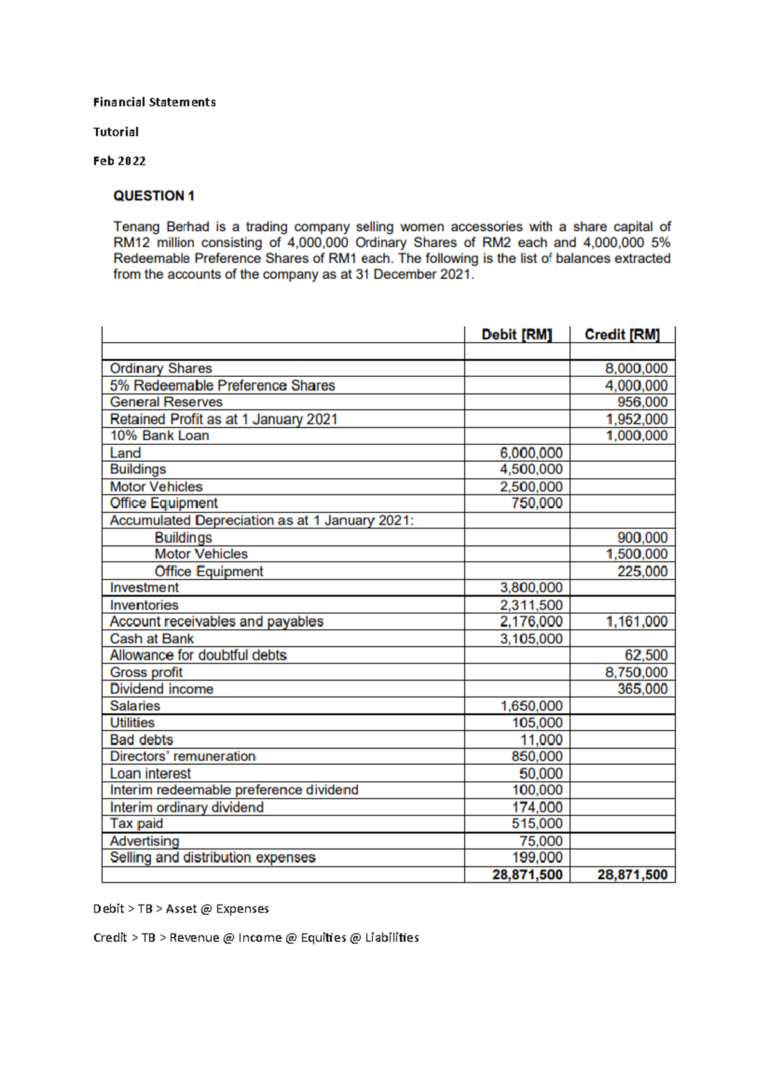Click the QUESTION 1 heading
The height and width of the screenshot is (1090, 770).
tap(153, 196)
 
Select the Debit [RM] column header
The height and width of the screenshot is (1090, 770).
tap(517, 334)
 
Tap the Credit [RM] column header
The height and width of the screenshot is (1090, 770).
tap(622, 334)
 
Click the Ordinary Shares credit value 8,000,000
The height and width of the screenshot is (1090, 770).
tap(637, 368)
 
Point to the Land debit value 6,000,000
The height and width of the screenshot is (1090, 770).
tap(531, 453)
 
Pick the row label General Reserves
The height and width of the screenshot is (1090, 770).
tap(166, 402)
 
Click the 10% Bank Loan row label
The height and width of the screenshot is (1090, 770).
tap(159, 435)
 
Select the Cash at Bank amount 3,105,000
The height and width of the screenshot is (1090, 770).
tap(531, 639)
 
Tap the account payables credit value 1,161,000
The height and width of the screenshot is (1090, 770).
tap(637, 621)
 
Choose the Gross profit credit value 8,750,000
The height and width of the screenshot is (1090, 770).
tap(637, 672)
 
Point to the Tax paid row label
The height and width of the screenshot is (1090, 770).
tap(136, 824)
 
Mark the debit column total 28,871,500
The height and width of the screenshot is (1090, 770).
tap(527, 874)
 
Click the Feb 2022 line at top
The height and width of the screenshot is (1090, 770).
tap(119, 161)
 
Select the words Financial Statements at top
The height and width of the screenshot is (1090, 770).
tap(154, 102)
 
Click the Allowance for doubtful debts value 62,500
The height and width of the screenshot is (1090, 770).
tap(646, 655)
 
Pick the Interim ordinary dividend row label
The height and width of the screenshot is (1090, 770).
tap(187, 807)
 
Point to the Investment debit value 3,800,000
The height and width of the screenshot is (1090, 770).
tap(531, 587)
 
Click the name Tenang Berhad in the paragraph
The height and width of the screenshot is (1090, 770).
tap(161, 227)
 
